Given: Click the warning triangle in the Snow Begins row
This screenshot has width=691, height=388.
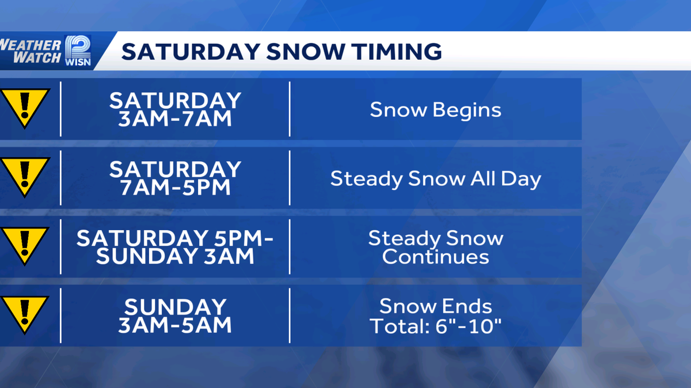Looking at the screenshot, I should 24,107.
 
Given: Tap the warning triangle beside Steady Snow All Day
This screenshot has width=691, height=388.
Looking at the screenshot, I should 24,176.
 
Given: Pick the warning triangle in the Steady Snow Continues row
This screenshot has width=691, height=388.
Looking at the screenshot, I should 24,245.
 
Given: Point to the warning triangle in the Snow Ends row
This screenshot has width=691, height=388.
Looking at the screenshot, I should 24,314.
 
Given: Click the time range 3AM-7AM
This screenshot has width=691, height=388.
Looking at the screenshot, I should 175,119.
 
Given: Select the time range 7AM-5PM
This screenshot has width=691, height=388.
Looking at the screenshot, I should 175,188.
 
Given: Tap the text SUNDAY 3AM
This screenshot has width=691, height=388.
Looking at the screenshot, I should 175,257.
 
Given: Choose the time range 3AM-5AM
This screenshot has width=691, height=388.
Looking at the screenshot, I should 175,325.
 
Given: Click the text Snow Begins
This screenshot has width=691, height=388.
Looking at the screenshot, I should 435,109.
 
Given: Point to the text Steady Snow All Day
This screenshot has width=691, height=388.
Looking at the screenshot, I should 435,178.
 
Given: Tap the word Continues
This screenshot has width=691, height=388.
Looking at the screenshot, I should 435,257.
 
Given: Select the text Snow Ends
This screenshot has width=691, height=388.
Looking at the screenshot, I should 435,306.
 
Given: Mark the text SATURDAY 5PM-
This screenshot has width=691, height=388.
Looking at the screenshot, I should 175,238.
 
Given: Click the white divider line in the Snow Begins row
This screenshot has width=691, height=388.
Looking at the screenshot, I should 290,109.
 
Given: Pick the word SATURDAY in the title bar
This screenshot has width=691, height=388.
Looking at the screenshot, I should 190,51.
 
